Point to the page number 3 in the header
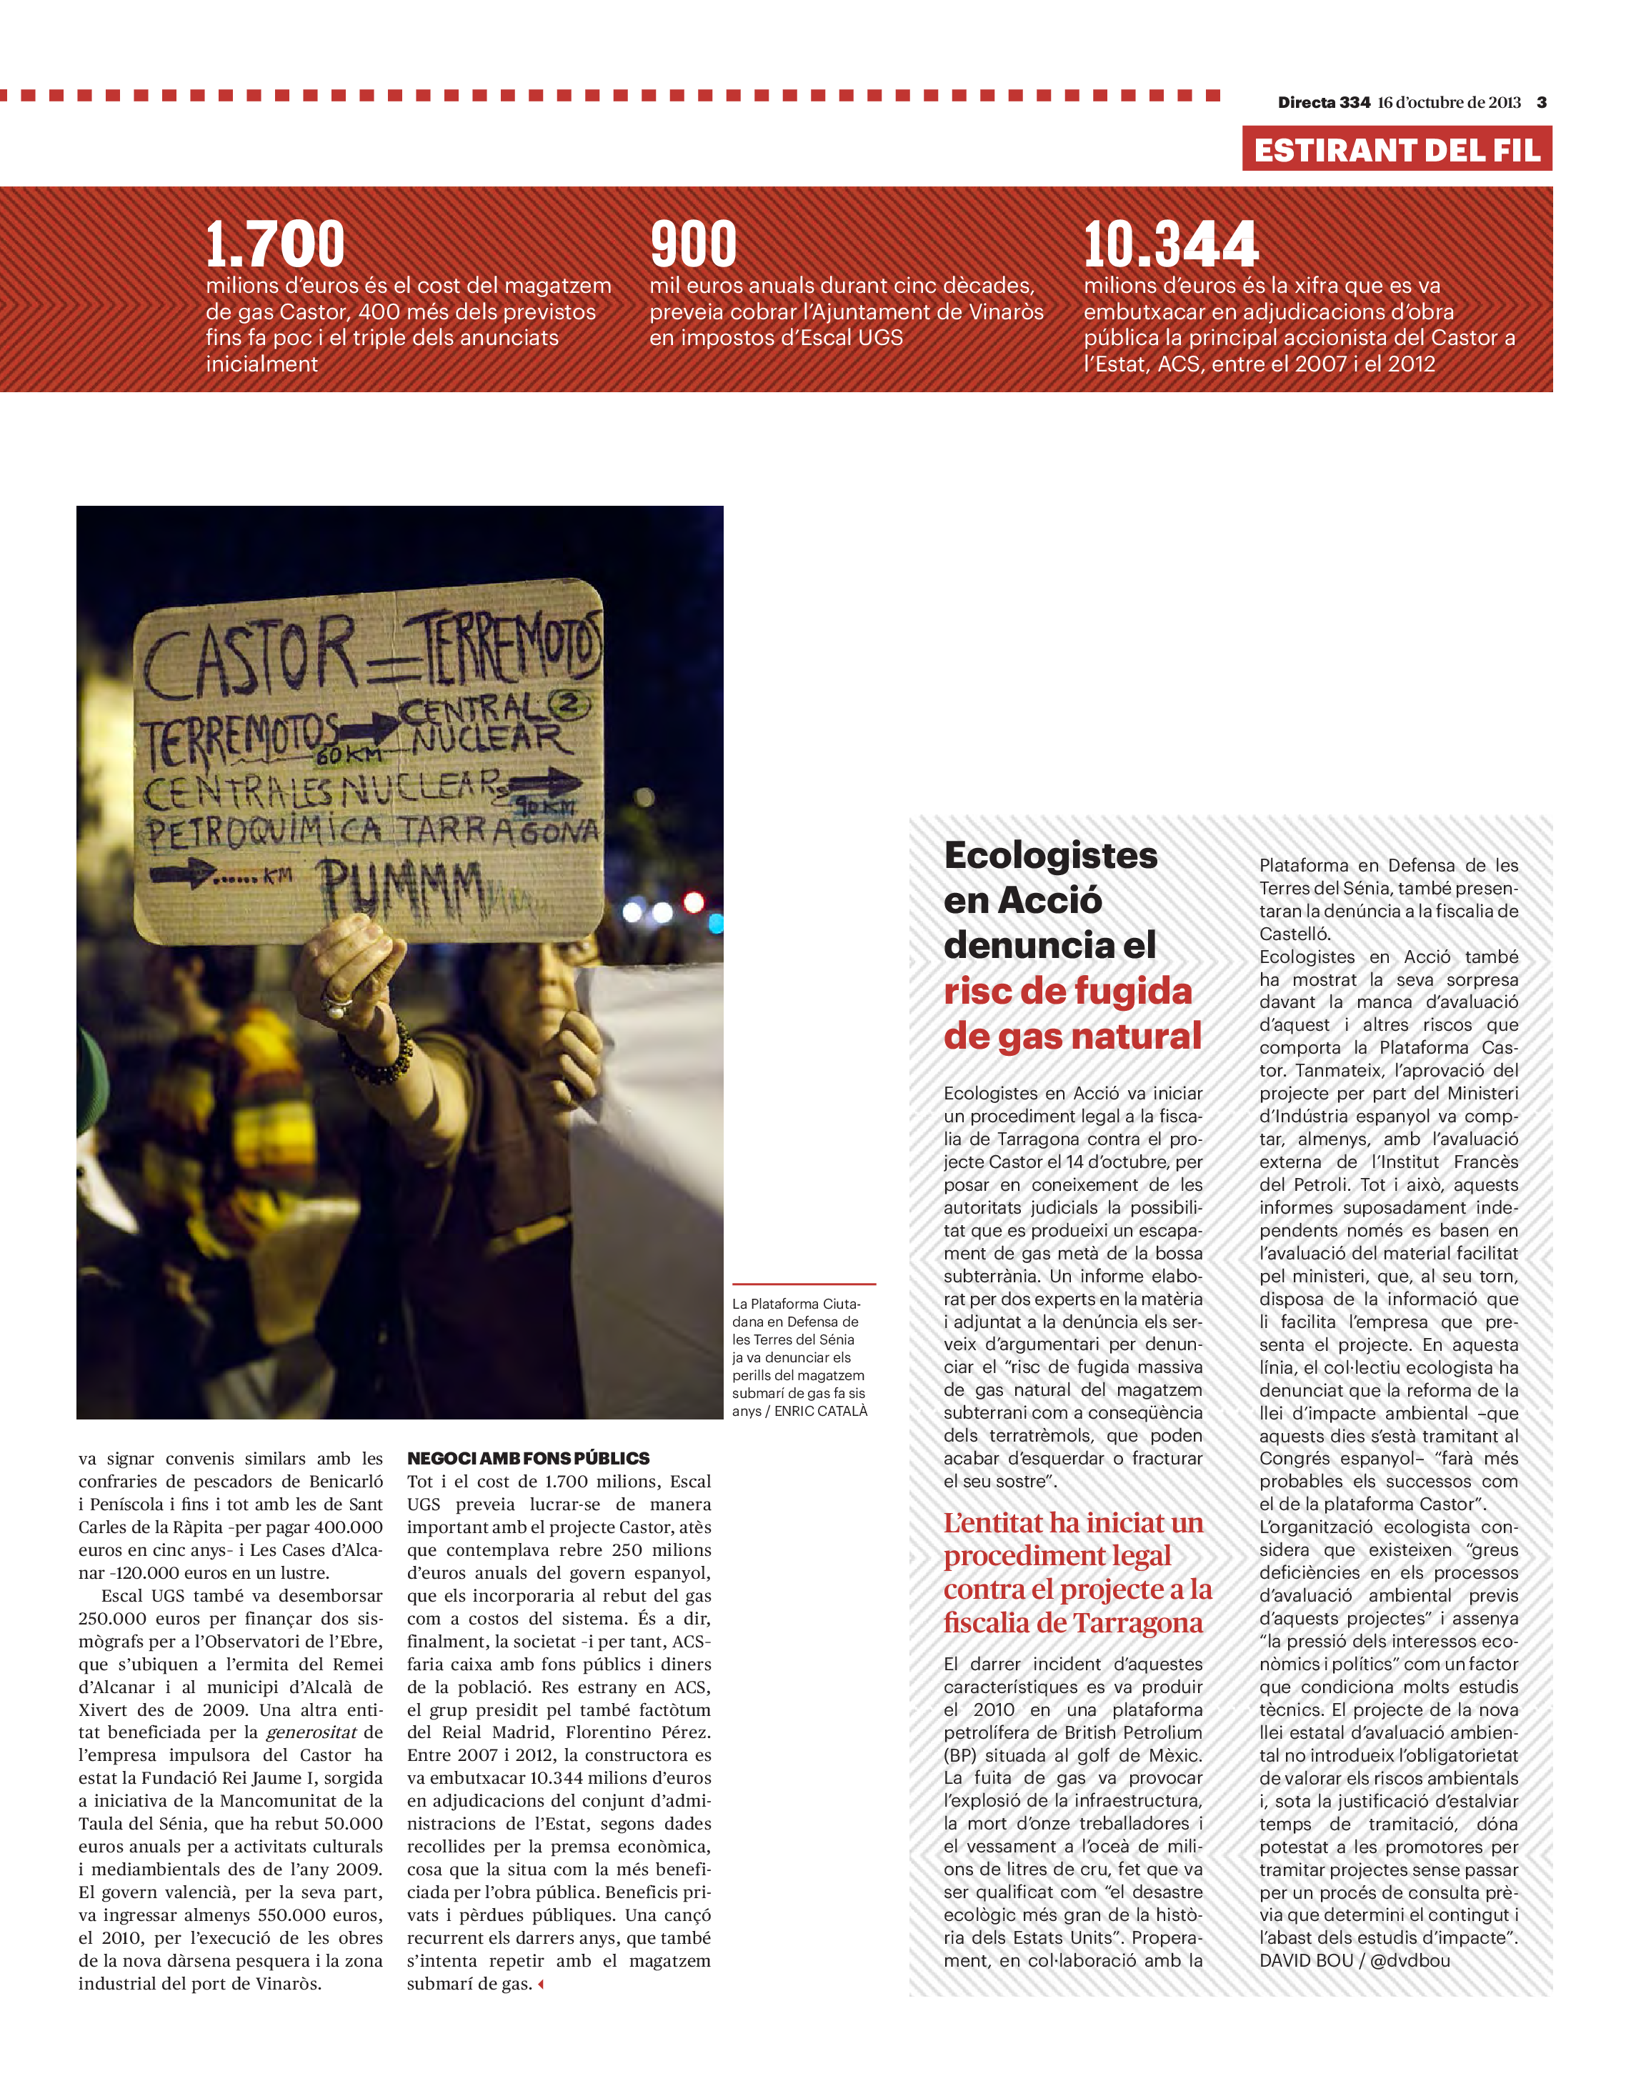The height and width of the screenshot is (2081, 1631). (1541, 102)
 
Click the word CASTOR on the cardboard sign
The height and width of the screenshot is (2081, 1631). (250, 659)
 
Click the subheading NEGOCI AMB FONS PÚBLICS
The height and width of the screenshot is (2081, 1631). (528, 1458)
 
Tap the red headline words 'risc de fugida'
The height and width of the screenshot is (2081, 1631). (1067, 992)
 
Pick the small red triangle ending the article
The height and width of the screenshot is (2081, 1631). (541, 1985)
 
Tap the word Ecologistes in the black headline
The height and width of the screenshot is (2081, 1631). (1050, 856)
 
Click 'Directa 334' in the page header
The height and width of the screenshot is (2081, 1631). (1324, 102)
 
